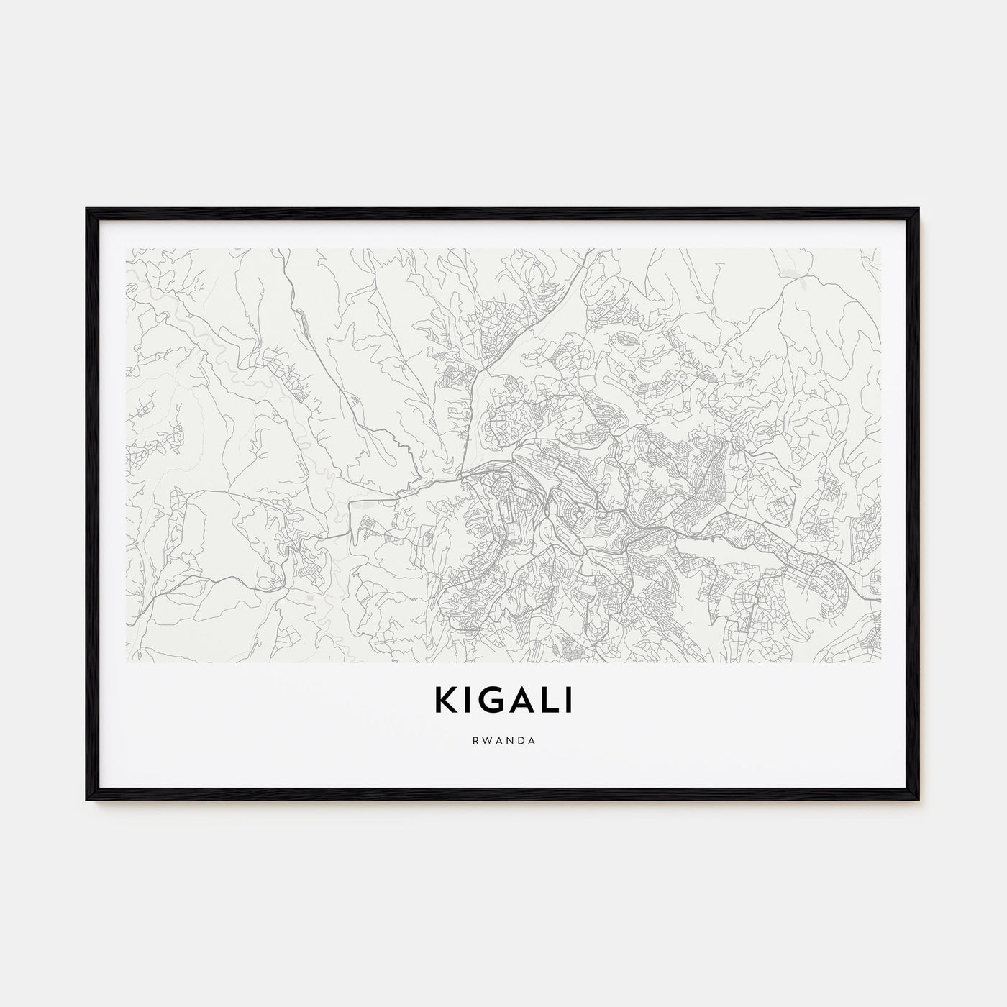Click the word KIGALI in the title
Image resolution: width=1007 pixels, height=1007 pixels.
point(503,701)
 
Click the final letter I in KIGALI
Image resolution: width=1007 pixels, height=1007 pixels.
point(569,701)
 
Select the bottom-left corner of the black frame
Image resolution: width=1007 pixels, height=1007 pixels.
point(87,800)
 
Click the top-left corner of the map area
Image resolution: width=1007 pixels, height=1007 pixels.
point(127,250)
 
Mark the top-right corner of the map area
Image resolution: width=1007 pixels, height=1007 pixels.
point(880,250)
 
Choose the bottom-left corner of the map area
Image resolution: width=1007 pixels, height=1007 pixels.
point(127,662)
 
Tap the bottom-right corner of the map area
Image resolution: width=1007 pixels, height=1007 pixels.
point(880,662)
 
